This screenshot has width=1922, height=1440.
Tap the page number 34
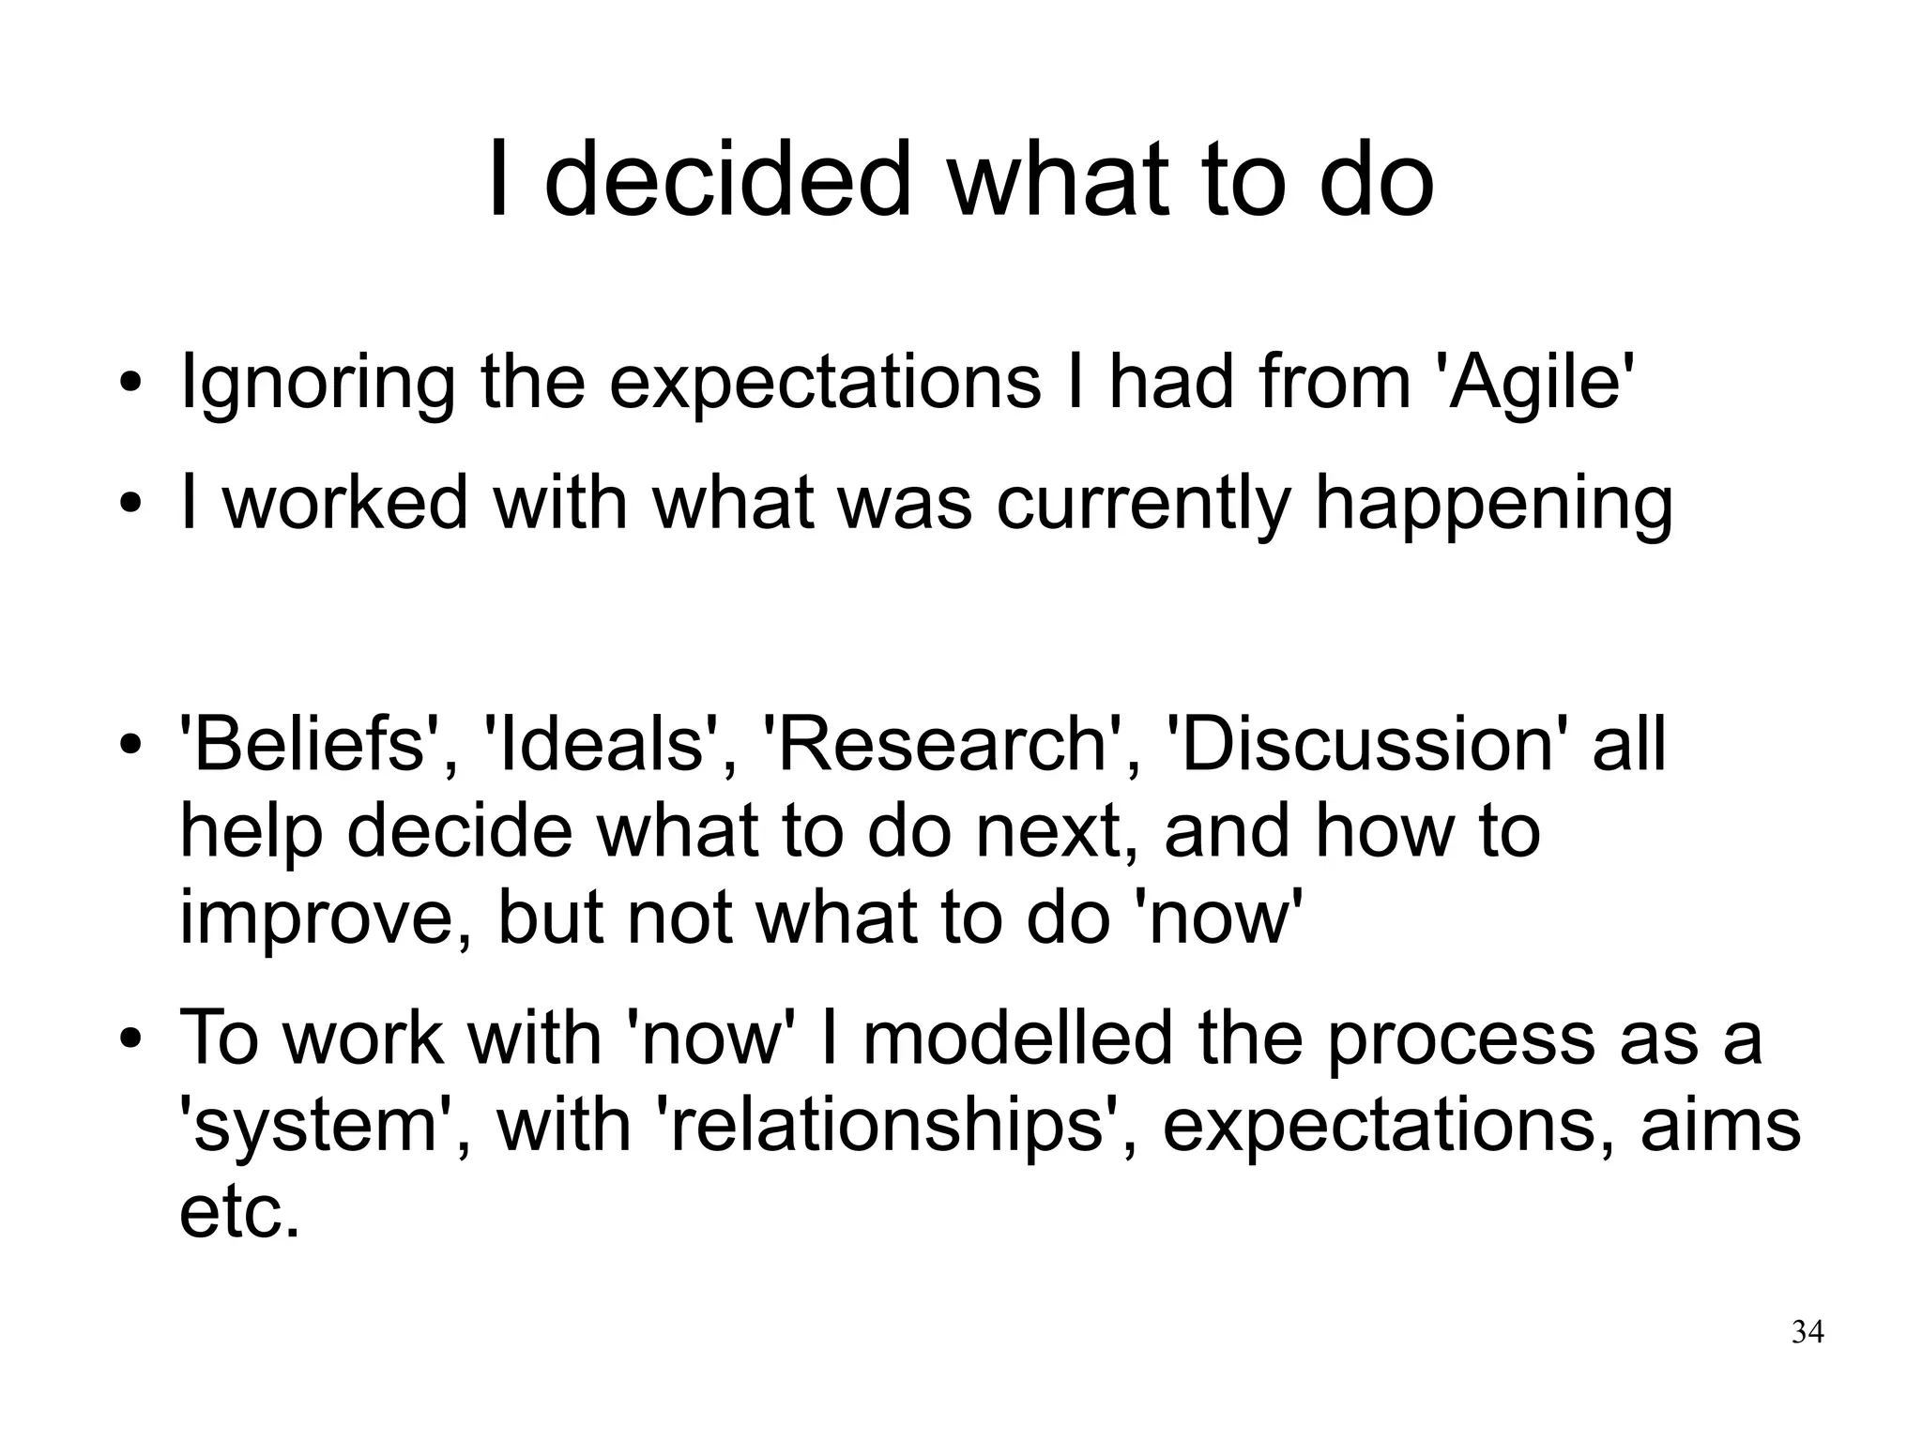click(x=1808, y=1332)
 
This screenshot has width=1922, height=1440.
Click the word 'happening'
click(x=1493, y=504)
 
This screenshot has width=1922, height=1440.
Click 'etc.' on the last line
click(x=239, y=1212)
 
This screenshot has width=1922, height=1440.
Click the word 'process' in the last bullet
click(x=1460, y=1038)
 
